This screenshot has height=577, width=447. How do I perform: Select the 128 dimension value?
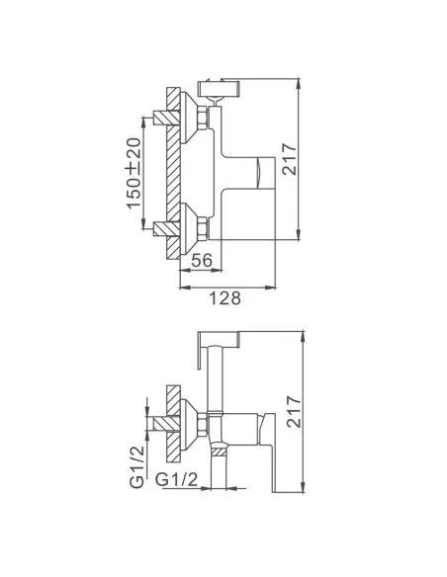pos(225,295)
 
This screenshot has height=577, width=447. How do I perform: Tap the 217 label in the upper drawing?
pos(290,159)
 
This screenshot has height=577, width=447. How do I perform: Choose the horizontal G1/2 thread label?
pos(182,481)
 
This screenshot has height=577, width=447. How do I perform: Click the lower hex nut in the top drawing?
pos(203,230)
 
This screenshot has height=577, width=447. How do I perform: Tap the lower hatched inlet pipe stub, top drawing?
pos(161,230)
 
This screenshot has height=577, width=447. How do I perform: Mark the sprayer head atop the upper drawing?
pos(220,89)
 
